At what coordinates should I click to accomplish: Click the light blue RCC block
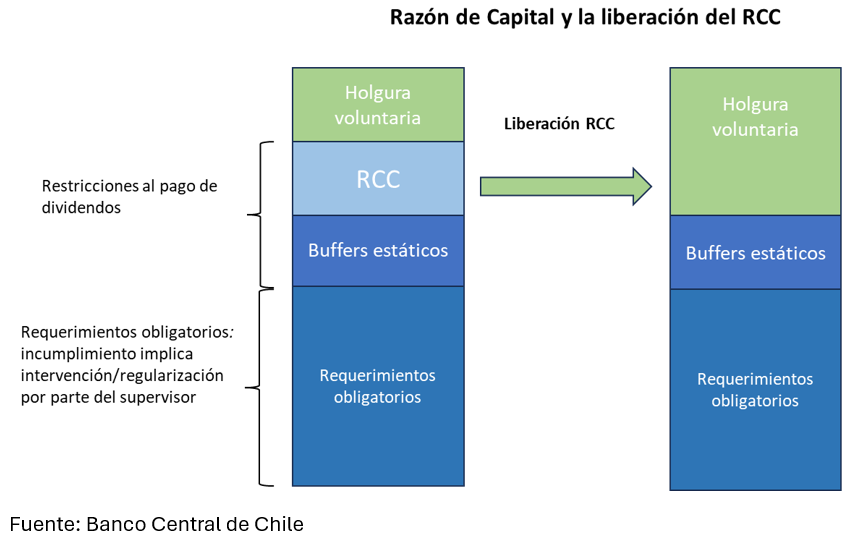point(378,178)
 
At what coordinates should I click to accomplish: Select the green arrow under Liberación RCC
point(566,186)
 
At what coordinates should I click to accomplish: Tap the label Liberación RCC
point(559,124)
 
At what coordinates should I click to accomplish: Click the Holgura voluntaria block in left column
point(378,105)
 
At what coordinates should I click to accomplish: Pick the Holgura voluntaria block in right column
point(755,142)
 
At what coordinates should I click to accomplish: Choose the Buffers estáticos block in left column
point(378,251)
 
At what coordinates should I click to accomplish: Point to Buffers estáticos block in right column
point(755,252)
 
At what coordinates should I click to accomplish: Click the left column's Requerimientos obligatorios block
point(378,386)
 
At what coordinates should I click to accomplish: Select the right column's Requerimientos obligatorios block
point(755,390)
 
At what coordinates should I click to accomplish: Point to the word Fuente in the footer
point(45,524)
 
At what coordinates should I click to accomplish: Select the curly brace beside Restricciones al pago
point(261,215)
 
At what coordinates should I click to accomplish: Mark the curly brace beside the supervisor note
point(260,387)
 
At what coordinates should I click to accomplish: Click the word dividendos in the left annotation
point(81,208)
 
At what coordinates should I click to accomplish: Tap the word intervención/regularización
point(122,375)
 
